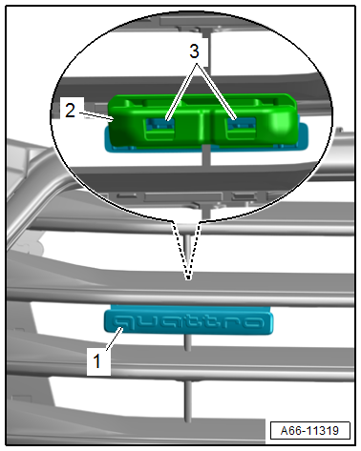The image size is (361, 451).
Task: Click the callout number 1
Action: [x=97, y=361]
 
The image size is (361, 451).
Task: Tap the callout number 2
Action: [x=70, y=111]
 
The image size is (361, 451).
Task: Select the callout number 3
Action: [x=194, y=51]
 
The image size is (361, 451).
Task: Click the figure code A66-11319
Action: [x=309, y=431]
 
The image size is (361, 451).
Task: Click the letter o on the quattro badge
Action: [x=254, y=322]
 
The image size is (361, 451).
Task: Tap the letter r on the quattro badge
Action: [x=235, y=322]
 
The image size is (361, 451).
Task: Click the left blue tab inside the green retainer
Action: [x=160, y=125]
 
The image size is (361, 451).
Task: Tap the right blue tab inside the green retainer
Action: [x=242, y=125]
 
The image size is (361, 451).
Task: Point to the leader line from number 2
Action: [x=96, y=116]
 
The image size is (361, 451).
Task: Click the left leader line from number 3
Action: [x=181, y=92]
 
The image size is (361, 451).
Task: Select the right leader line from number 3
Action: [x=217, y=92]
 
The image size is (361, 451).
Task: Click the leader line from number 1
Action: [x=115, y=339]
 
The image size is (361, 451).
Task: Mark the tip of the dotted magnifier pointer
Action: [x=188, y=279]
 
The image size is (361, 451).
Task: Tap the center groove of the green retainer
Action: [x=202, y=126]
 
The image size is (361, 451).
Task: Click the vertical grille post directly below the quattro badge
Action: [x=188, y=342]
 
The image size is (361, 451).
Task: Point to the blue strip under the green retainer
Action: [x=207, y=147]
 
